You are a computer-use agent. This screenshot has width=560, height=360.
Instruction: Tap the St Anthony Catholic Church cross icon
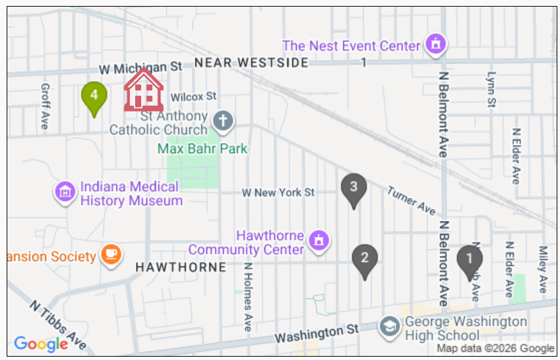pyautogui.click(x=223, y=121)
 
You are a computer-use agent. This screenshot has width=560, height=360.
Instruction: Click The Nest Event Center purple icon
pyautogui.click(x=435, y=45)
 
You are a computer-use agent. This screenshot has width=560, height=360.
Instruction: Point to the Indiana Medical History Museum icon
pyautogui.click(x=65, y=193)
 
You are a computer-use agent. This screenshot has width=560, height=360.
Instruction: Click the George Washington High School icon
pyautogui.click(x=388, y=326)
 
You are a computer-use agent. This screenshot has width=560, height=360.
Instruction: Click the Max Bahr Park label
pyautogui.click(x=202, y=148)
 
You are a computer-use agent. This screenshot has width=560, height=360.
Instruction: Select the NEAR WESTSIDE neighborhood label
pyautogui.click(x=251, y=63)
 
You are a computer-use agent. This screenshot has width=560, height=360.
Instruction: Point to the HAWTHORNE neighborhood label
pyautogui.click(x=180, y=267)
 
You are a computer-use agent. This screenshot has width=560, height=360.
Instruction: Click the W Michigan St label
pyautogui.click(x=140, y=68)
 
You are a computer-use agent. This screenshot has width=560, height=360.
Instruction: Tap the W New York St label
pyautogui.click(x=278, y=192)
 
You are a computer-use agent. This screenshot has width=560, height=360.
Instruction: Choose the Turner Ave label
pyautogui.click(x=411, y=200)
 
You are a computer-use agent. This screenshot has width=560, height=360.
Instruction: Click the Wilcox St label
pyautogui.click(x=193, y=96)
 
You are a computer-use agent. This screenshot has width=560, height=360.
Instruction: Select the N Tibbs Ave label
pyautogui.click(x=58, y=324)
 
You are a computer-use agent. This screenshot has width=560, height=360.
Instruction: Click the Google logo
pyautogui.click(x=41, y=343)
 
